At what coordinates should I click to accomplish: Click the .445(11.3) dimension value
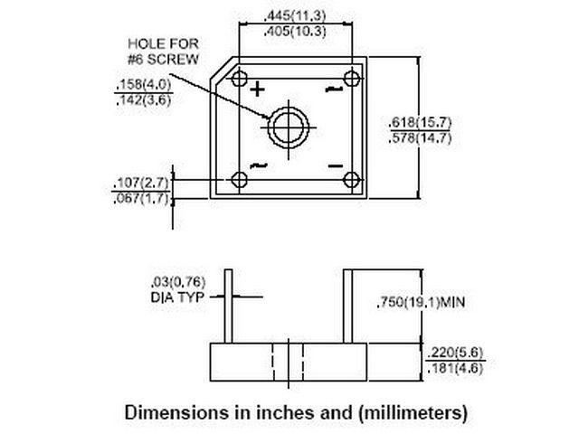(295, 16)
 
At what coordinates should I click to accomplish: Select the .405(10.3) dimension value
(295, 32)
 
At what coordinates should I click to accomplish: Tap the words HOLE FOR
(163, 44)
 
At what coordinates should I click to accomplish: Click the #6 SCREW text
(163, 60)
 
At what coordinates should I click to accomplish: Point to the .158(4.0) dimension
(143, 84)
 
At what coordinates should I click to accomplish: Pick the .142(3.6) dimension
(143, 100)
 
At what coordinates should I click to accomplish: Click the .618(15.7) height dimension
(420, 123)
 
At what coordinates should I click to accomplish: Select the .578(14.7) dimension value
(420, 138)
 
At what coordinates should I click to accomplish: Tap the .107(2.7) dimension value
(141, 183)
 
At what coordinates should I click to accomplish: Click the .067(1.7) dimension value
(141, 199)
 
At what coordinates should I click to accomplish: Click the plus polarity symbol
(257, 90)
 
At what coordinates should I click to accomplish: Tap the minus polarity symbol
(336, 166)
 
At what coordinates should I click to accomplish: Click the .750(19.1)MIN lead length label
(421, 302)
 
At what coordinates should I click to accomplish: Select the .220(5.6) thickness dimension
(455, 353)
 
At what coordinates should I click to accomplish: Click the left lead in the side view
(229, 307)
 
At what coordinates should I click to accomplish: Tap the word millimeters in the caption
(413, 412)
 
